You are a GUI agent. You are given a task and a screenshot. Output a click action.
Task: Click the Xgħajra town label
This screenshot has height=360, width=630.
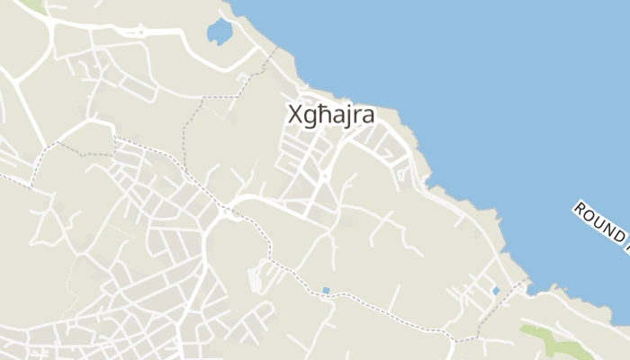[x=330, y=116]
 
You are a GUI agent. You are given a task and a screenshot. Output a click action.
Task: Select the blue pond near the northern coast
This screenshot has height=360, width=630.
[x=219, y=32]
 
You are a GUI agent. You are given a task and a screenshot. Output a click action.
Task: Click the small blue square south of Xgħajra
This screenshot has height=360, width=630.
[x=326, y=291]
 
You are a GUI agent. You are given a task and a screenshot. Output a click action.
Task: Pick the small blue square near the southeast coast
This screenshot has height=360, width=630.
[x=495, y=291]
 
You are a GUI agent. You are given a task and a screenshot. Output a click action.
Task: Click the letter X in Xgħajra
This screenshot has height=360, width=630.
[x=294, y=115]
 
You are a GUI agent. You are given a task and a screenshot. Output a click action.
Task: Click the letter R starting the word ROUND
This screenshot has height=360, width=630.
[x=579, y=210]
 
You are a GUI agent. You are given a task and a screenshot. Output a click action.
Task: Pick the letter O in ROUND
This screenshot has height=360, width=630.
[x=588, y=217]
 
